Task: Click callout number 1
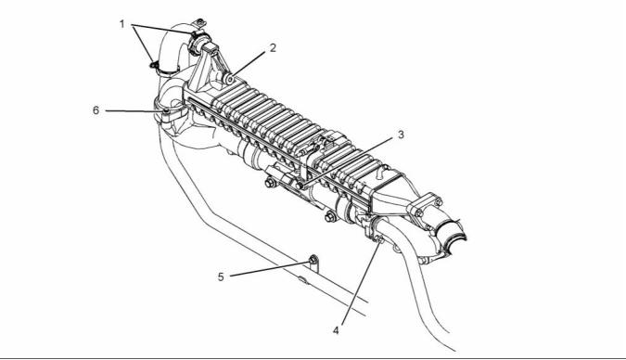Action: pyautogui.click(x=122, y=24)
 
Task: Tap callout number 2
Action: pyautogui.click(x=273, y=48)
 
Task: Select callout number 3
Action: pyautogui.click(x=401, y=135)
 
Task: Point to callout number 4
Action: pyautogui.click(x=336, y=330)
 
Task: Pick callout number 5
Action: pyautogui.click(x=221, y=276)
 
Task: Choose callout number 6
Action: pyautogui.click(x=96, y=109)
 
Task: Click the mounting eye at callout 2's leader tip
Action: pyautogui.click(x=230, y=79)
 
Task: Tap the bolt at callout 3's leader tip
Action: pyautogui.click(x=300, y=186)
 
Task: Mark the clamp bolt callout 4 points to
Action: pyautogui.click(x=379, y=240)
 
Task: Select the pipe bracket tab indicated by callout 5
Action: pyautogui.click(x=313, y=263)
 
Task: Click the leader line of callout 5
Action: pyautogui.click(x=270, y=269)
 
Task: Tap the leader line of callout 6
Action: pyautogui.click(x=134, y=111)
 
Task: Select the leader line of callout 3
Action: pyautogui.click(x=348, y=161)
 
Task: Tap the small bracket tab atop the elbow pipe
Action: pyautogui.click(x=198, y=23)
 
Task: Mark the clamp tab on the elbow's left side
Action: pyautogui.click(x=154, y=64)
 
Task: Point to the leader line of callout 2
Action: pyautogui.click(x=249, y=63)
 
